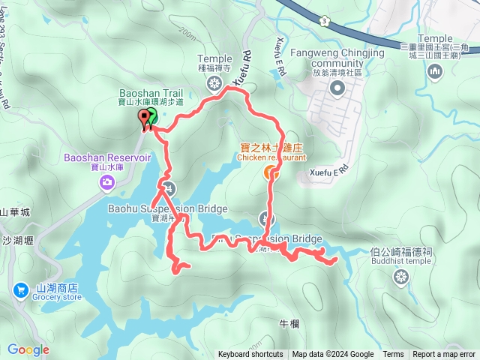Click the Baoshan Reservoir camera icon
(x=109, y=181)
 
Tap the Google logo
(x=28, y=349)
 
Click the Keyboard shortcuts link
(x=251, y=355)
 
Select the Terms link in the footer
(x=393, y=355)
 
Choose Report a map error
(x=444, y=355)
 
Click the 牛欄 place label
(x=289, y=324)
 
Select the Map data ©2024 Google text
(x=333, y=355)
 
